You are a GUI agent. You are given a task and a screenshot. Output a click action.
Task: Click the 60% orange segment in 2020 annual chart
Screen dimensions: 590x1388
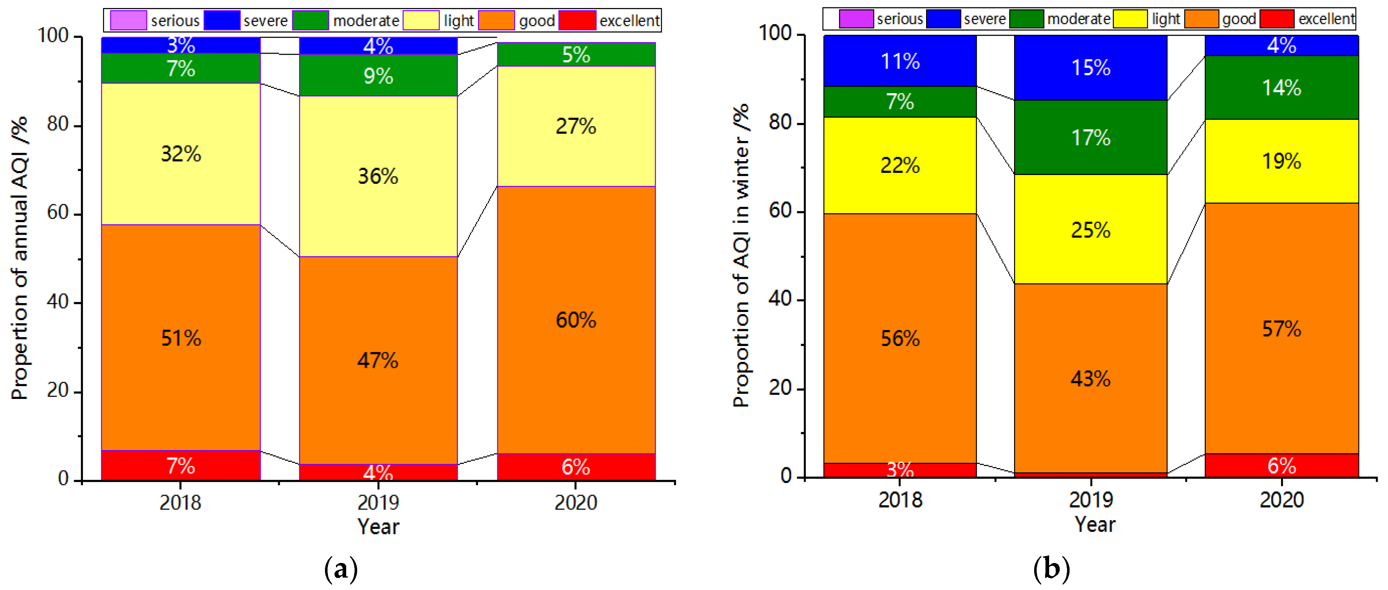576,320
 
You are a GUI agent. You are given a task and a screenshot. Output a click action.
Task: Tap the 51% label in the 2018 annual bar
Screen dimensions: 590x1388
181,338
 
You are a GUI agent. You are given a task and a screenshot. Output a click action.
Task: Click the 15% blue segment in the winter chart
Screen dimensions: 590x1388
1090,68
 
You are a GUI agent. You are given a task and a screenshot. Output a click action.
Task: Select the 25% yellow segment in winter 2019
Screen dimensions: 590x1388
1090,230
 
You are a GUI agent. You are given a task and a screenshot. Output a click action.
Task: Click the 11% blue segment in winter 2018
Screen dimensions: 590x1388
900,61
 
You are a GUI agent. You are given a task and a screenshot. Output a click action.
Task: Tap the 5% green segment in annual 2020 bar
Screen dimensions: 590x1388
576,54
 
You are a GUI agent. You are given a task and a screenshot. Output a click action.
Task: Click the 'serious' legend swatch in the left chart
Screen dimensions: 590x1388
128,20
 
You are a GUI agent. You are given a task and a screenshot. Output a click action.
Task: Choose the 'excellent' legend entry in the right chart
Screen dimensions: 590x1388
1326,19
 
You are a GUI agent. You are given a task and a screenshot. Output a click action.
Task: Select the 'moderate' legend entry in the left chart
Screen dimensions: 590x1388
365,20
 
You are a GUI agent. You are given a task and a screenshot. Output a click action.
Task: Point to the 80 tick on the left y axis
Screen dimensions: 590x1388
57,125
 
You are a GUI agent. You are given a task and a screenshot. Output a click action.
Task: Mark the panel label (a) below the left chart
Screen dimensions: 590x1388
341,568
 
